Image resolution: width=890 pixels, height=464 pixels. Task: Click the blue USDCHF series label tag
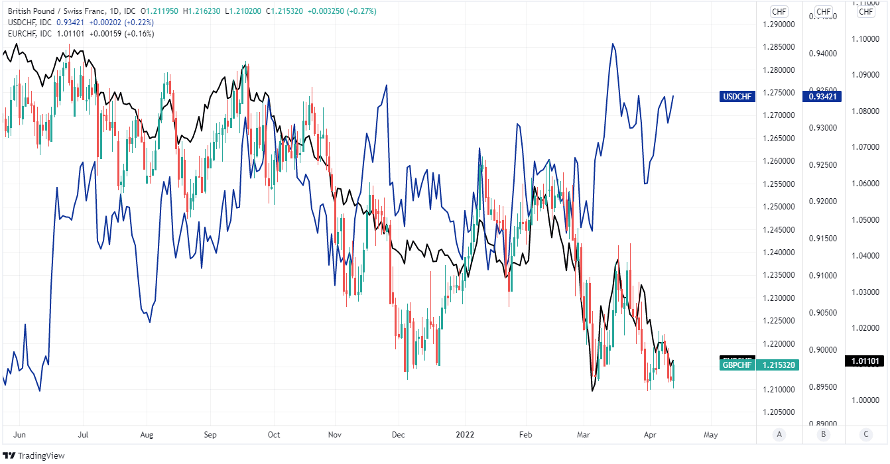click(737, 97)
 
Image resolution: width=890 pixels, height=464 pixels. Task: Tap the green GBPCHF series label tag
click(736, 365)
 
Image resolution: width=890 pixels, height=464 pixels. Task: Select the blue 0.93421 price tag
click(822, 97)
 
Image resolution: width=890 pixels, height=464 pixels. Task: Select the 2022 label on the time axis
click(464, 435)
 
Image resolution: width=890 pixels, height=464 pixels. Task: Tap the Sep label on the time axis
click(210, 435)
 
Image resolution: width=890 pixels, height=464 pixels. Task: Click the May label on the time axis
click(710, 435)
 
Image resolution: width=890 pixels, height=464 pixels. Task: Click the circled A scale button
click(779, 435)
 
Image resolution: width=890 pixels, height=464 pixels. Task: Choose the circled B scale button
click(823, 435)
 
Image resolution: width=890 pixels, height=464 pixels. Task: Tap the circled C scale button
click(866, 435)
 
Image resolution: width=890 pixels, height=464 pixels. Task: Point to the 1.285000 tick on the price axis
click(778, 47)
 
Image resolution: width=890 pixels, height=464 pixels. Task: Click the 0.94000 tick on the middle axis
click(822, 54)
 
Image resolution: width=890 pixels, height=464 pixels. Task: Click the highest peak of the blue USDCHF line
click(613, 44)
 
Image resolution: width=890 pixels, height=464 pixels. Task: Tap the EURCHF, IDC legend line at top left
click(30, 34)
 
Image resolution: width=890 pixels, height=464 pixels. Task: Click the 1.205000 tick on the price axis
click(778, 412)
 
